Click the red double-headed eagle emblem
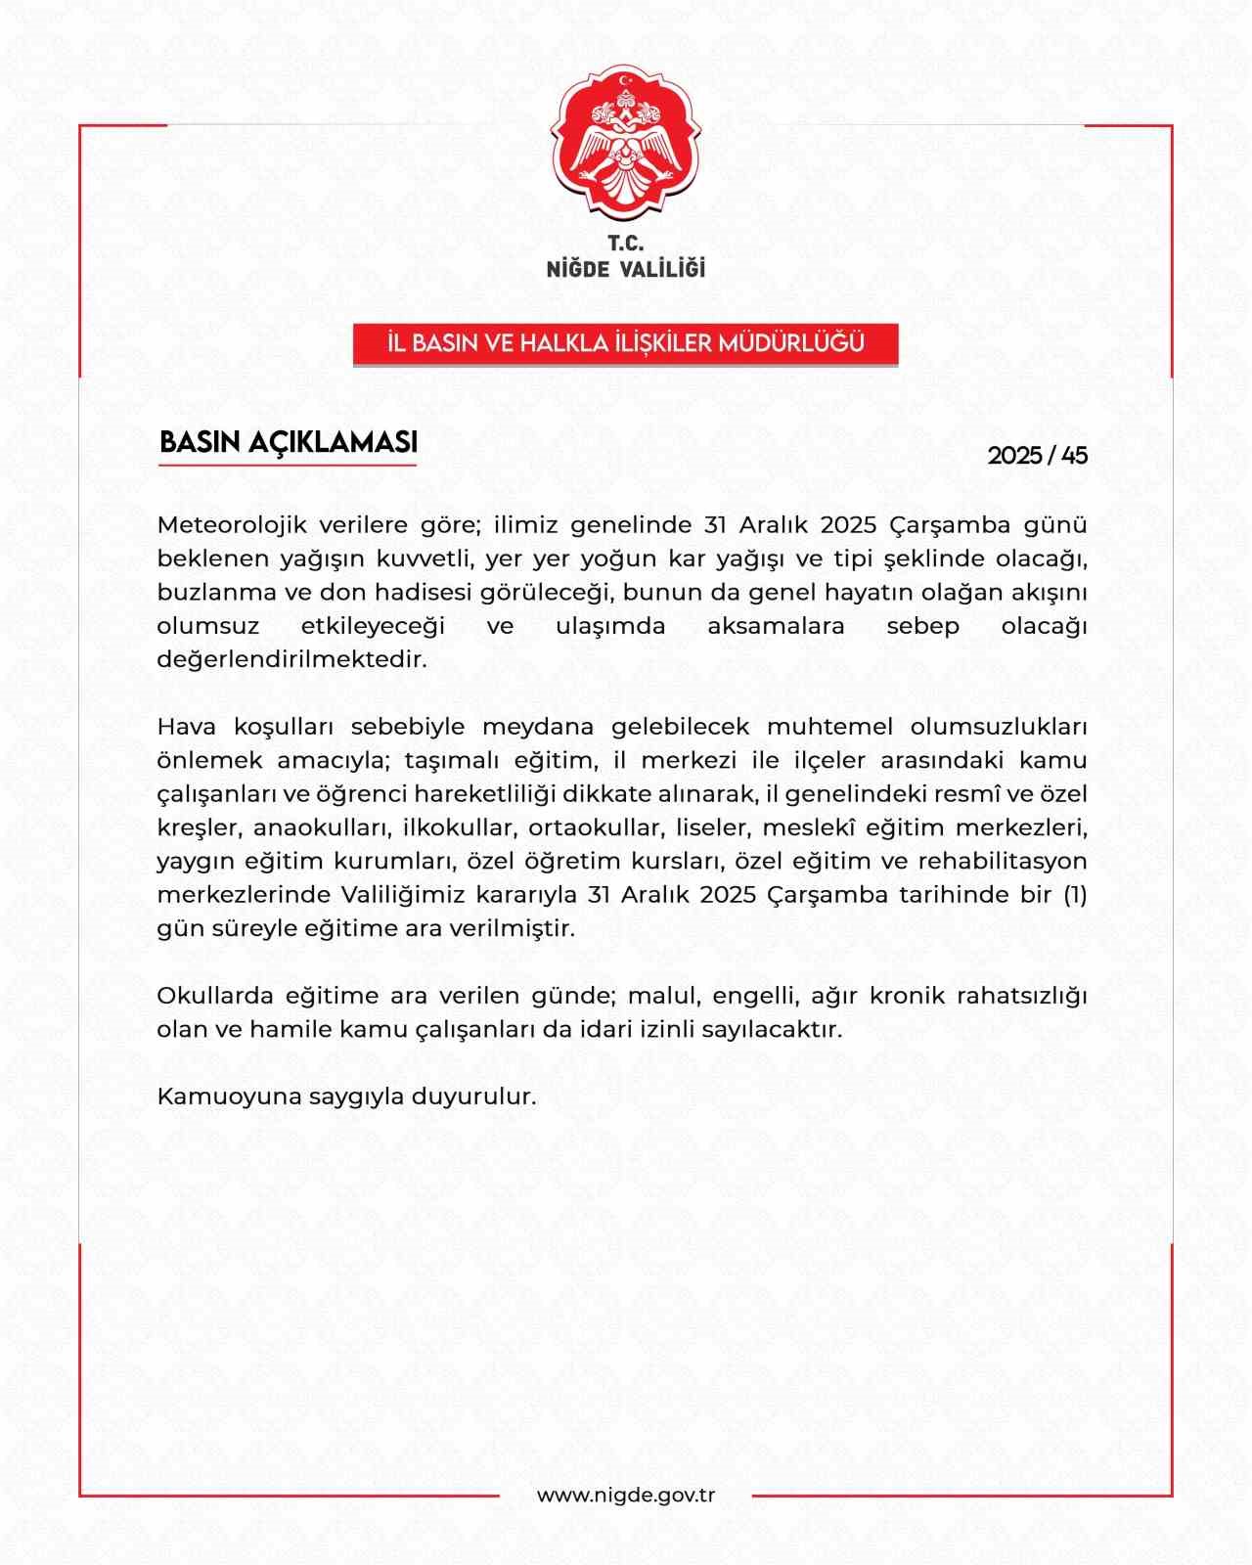tap(626, 143)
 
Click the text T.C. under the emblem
tap(626, 244)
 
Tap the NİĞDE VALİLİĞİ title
tap(626, 268)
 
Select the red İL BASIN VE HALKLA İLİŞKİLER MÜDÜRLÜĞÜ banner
tap(626, 343)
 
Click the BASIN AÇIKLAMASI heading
tap(289, 442)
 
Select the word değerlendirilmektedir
tap(291, 659)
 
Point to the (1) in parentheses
tap(1075, 895)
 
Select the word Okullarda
tap(214, 996)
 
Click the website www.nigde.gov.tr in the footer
tap(626, 1496)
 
